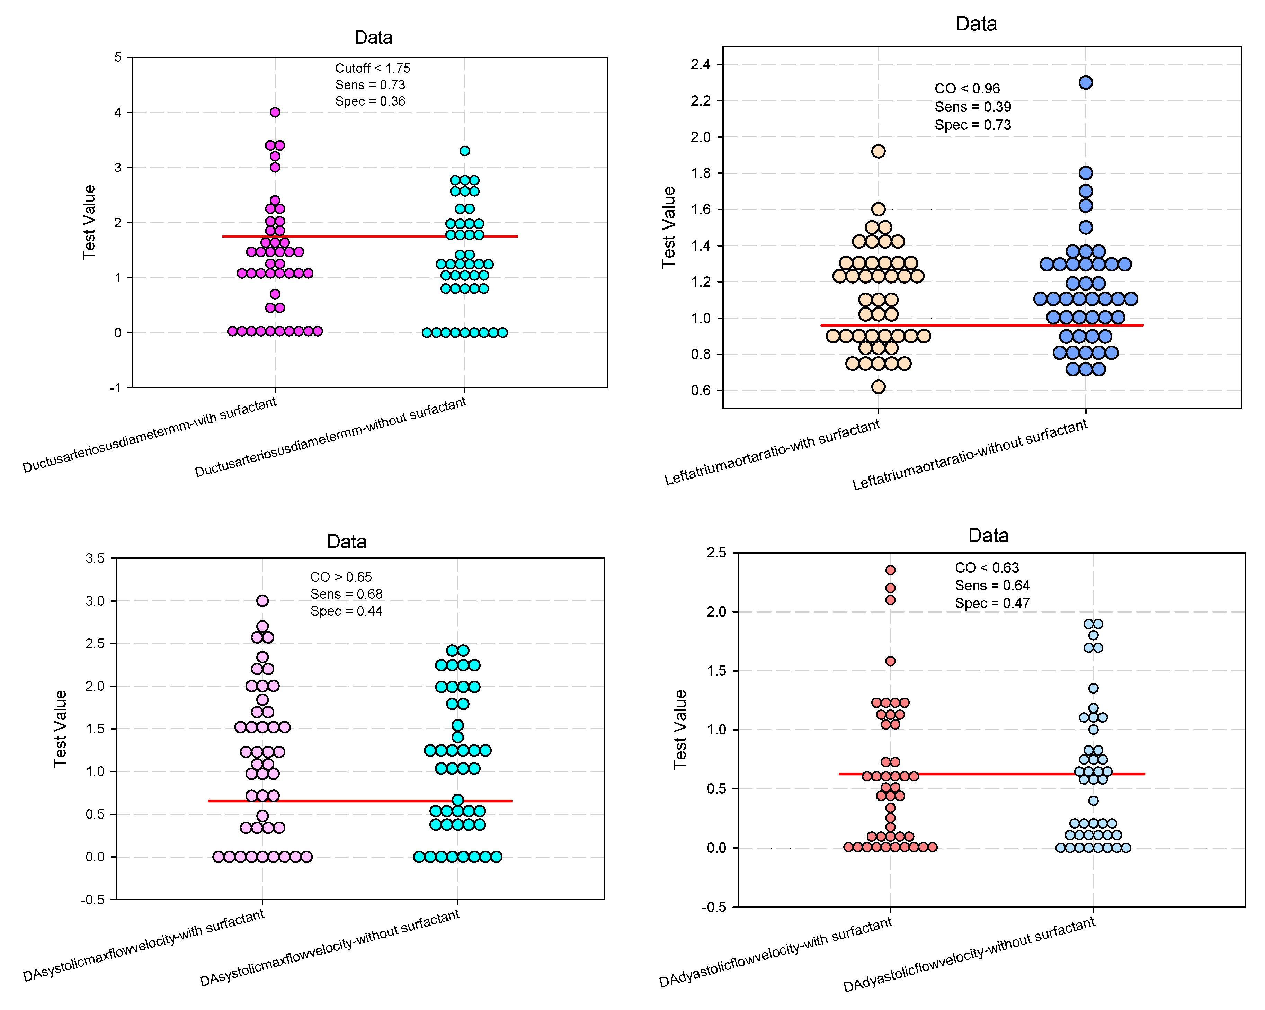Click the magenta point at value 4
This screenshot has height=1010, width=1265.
pos(275,112)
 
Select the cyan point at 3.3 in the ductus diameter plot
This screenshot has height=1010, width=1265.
pos(465,151)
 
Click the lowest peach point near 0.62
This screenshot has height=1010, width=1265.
pos(878,386)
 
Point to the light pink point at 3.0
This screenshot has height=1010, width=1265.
pos(262,601)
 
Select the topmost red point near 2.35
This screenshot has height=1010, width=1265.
pos(890,570)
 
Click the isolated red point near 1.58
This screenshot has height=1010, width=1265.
pos(890,661)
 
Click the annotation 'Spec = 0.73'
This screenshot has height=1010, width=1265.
pos(972,125)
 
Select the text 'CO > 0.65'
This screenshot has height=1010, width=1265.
pos(341,577)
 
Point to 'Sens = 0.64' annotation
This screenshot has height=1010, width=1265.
pos(992,586)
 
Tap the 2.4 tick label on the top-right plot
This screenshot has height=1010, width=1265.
pos(701,64)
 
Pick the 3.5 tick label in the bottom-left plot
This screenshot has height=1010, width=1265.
pos(95,558)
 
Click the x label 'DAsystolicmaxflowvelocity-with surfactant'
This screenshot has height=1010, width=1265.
pos(144,946)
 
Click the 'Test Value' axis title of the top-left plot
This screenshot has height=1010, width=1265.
pos(89,222)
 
